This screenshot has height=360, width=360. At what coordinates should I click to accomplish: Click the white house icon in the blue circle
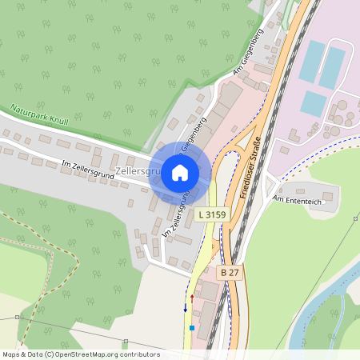(180, 172)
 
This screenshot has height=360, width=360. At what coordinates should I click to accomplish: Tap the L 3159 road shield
(212, 214)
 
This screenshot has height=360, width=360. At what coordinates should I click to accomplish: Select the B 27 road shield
(230, 273)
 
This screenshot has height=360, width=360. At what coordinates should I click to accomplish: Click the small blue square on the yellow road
(192, 326)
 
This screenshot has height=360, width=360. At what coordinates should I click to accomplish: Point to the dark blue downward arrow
(186, 306)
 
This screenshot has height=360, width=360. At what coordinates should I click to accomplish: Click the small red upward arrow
(192, 298)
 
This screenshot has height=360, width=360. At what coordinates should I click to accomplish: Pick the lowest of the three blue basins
(313, 102)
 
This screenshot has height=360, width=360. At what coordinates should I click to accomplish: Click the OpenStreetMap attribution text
(80, 354)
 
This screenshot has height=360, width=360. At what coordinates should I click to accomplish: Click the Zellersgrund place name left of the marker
(138, 171)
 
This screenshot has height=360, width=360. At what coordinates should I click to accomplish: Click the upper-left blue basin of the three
(311, 60)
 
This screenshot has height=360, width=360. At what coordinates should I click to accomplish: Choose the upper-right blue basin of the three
(332, 66)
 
